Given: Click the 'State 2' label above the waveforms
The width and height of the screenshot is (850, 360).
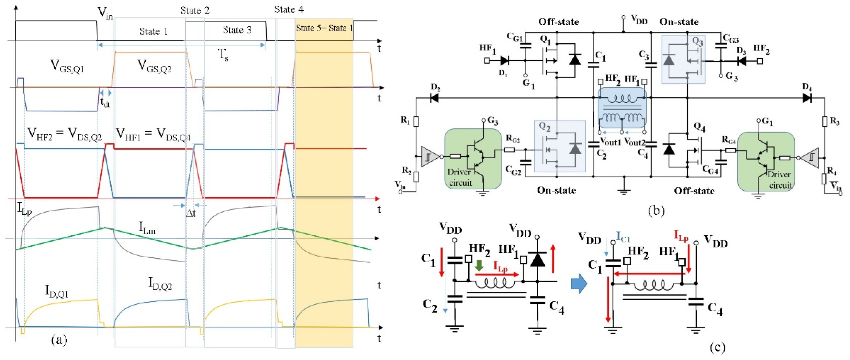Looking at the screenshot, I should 195,10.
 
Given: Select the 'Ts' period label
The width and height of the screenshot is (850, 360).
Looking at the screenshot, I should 224,55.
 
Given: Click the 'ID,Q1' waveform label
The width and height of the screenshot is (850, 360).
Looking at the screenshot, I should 56,291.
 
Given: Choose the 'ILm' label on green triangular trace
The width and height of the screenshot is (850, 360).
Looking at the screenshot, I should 147,228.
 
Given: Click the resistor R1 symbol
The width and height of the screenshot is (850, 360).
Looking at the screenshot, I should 416,121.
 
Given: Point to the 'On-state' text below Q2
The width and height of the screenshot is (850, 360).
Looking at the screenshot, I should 556,190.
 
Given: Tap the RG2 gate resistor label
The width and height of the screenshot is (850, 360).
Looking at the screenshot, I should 513,140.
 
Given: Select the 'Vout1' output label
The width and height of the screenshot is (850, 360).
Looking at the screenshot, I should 610,142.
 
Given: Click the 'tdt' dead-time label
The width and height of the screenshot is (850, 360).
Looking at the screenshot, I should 105,102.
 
